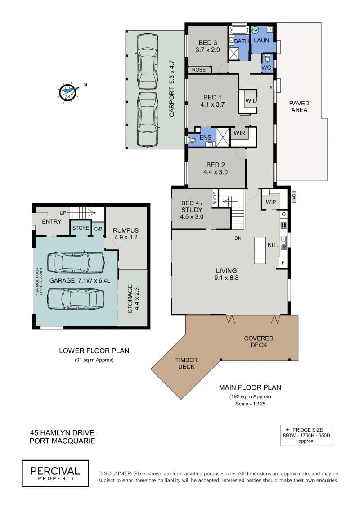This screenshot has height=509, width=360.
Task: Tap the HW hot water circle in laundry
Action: (255, 30)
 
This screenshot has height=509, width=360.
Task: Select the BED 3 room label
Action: (208, 42)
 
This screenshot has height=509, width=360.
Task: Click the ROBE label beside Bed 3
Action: (198, 70)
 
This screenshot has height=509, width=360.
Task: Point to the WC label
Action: (266, 68)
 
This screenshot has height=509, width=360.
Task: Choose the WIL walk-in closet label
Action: (251, 101)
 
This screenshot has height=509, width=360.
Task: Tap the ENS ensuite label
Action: (205, 138)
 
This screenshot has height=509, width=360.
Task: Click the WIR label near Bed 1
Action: (239, 133)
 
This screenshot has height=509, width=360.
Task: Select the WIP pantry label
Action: (271, 202)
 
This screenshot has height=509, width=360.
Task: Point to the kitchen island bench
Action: (260, 250)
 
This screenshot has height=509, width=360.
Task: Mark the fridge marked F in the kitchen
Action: (283, 262)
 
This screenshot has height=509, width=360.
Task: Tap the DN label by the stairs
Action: (238, 238)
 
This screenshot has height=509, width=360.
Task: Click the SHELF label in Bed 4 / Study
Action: (215, 198)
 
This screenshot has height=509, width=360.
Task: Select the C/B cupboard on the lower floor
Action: (99, 229)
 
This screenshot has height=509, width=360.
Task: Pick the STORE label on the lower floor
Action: (81, 228)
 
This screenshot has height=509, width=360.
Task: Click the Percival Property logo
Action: (55, 473)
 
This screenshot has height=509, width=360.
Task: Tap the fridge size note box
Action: (306, 435)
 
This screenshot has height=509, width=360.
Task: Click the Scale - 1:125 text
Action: (250, 404)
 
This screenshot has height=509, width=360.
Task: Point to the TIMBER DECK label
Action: (186, 363)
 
